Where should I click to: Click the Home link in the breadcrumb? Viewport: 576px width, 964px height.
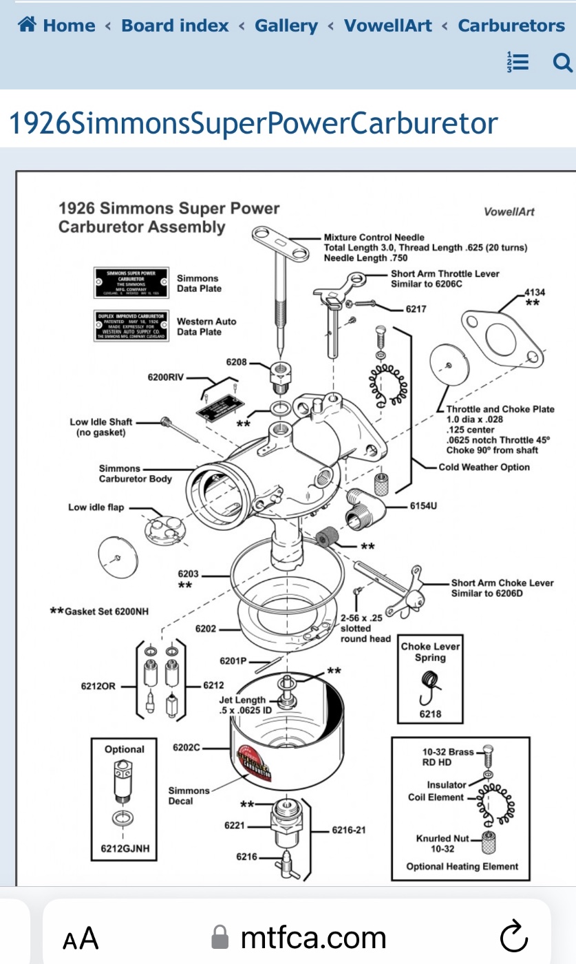pos(58,26)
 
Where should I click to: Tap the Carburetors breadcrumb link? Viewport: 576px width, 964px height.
pos(511,26)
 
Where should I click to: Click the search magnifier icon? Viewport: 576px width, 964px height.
pos(562,63)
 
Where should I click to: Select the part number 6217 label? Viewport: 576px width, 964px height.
pos(416,309)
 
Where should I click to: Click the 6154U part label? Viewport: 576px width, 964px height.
pos(423,505)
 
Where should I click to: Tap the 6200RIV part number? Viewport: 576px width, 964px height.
pos(166,377)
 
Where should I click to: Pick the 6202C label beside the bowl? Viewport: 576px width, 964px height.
pos(186,746)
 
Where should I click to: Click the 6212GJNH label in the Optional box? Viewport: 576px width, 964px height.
pos(120,849)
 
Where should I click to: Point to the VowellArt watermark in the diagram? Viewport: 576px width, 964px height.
pos(509,211)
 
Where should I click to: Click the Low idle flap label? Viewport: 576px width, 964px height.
pos(96,507)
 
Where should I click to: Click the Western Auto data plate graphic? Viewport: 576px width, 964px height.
pos(131,326)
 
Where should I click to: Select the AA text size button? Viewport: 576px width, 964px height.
pos(81,938)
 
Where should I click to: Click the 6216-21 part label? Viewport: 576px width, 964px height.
pos(349,830)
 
